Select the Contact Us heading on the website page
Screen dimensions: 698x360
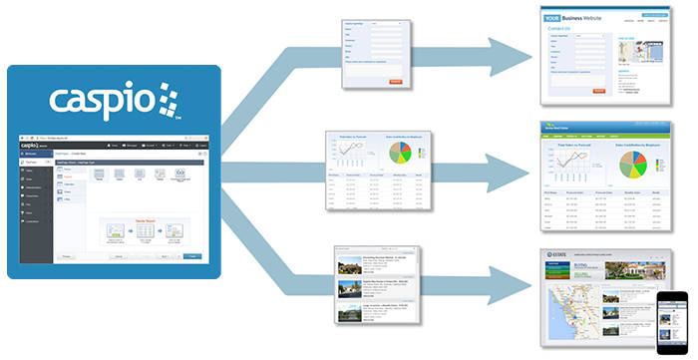tap(562, 30)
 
